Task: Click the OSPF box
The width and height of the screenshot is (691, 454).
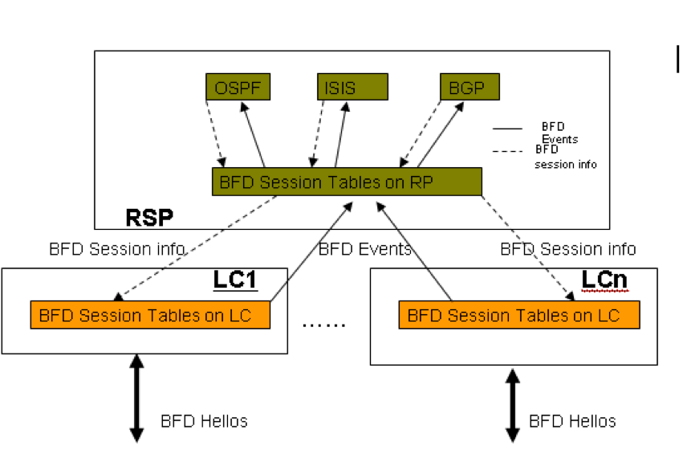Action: [238, 87]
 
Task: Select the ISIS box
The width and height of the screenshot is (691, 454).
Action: [352, 87]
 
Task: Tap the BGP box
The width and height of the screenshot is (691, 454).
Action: [469, 86]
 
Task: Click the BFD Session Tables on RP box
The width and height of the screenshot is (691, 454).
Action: [346, 182]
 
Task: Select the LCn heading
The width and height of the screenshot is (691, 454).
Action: [604, 280]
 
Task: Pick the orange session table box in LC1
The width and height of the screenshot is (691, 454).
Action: [149, 315]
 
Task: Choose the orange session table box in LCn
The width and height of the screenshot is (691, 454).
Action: [518, 315]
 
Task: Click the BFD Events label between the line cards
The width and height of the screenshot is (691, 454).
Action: [365, 249]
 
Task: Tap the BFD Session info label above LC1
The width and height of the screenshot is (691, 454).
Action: [116, 249]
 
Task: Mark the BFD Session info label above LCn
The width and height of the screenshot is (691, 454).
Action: [567, 249]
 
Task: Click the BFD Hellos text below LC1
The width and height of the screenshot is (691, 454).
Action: [204, 420]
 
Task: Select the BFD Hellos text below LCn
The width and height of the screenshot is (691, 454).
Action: [572, 420]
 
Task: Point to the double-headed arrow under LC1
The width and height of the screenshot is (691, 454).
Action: [136, 398]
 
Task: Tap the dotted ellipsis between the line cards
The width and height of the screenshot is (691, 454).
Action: [323, 325]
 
